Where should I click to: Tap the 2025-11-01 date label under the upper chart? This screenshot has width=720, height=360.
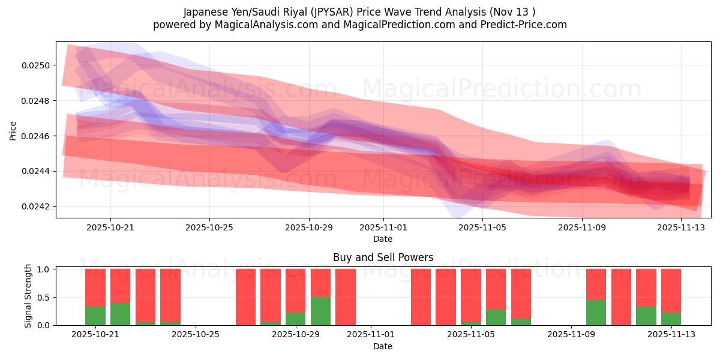[x=383, y=228]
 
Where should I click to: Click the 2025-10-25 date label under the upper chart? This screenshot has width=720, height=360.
[x=209, y=228]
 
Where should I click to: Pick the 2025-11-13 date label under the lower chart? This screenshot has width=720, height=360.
[x=671, y=335]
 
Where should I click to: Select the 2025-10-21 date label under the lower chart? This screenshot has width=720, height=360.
[x=95, y=335]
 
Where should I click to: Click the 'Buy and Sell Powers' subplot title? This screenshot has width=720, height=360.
[x=383, y=257]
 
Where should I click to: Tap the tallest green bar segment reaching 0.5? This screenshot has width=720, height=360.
[x=320, y=311]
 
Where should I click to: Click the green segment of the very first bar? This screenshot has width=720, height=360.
[x=95, y=316]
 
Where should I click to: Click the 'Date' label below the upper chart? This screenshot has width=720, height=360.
[x=383, y=239]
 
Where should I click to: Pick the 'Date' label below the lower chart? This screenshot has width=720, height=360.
[x=383, y=346]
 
